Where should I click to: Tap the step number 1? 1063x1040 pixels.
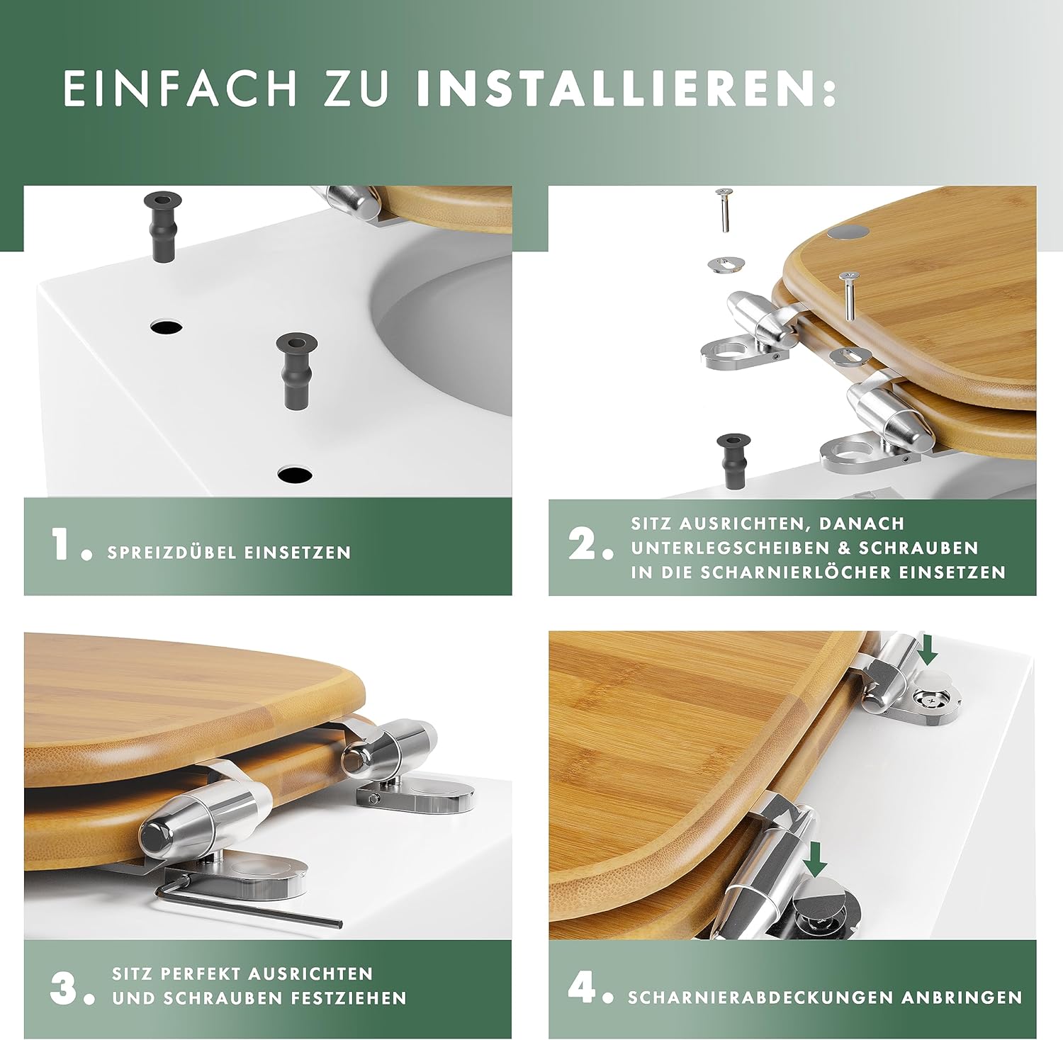coord(64,546)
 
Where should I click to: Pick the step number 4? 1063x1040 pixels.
coord(583,987)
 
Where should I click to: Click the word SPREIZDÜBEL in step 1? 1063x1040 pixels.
coord(167,553)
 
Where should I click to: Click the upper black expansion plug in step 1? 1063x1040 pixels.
coord(163,225)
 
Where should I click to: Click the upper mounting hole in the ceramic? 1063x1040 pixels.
coord(166,327)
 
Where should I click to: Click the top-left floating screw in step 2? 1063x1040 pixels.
coord(723,210)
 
